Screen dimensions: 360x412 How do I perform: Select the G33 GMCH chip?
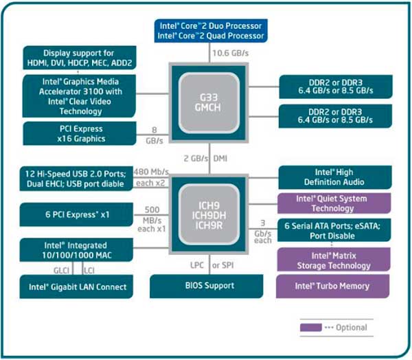click(x=208, y=97)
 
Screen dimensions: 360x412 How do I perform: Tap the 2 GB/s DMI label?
click(x=206, y=159)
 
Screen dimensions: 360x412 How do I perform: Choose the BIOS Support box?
click(x=208, y=285)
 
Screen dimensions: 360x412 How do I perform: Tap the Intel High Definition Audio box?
click(x=334, y=177)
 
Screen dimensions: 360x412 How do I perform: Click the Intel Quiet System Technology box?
click(x=334, y=203)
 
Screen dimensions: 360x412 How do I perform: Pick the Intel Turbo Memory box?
click(x=334, y=286)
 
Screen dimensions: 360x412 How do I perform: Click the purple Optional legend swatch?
click(x=310, y=327)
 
